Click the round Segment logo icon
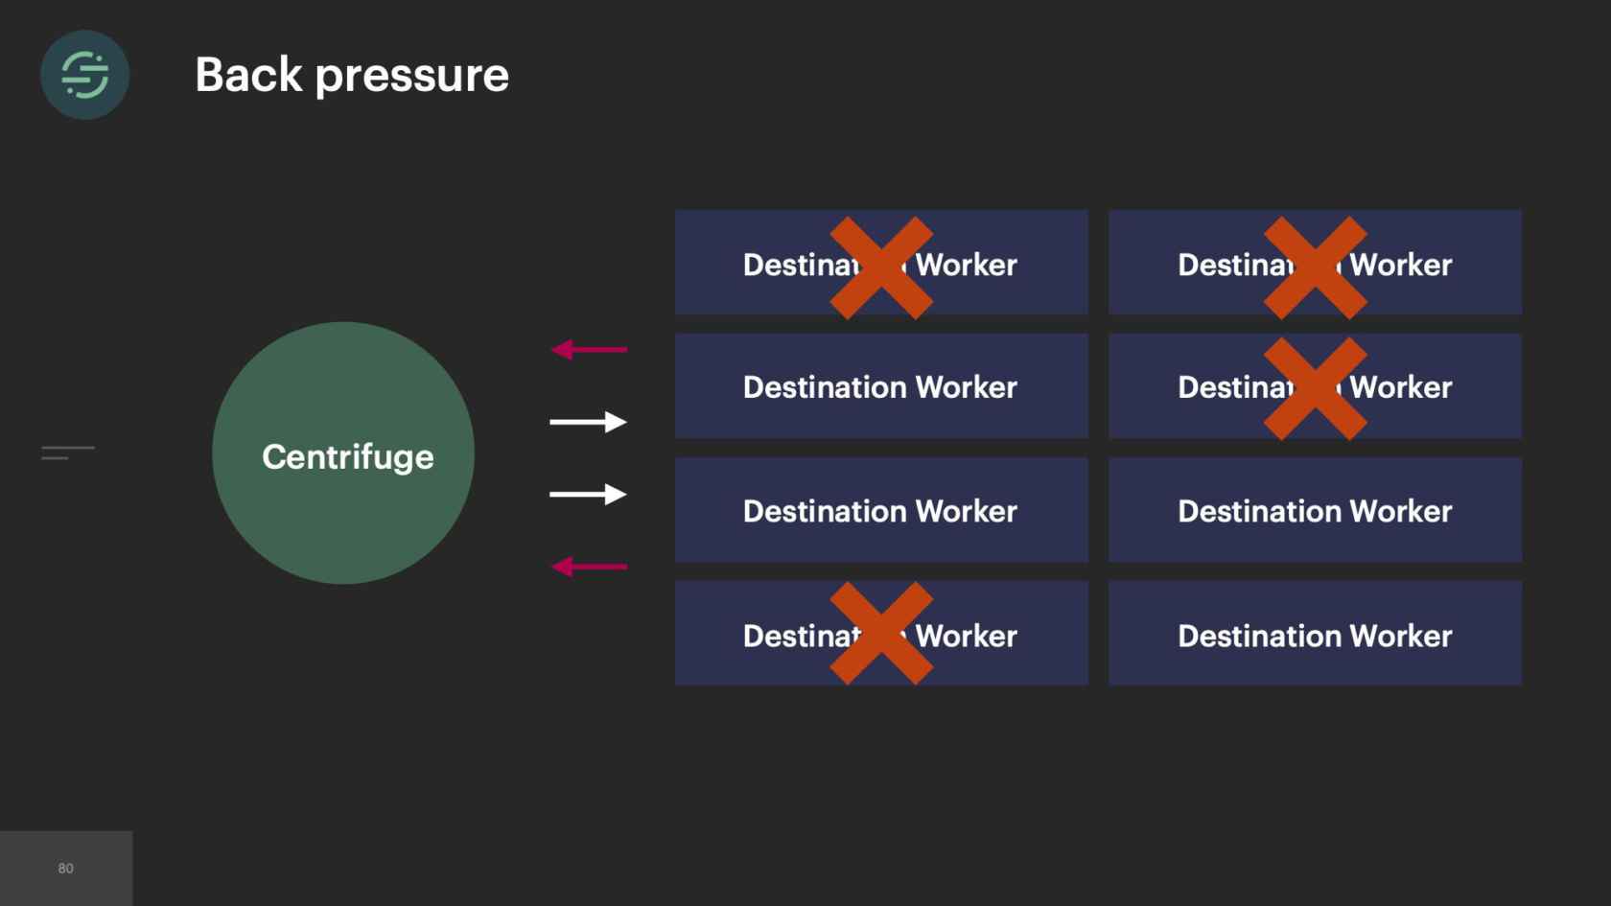click(x=84, y=75)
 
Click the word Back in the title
click(x=248, y=75)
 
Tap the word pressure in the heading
click(x=412, y=77)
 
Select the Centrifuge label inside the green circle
click(x=347, y=457)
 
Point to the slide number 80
click(x=65, y=869)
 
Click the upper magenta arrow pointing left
click(x=589, y=350)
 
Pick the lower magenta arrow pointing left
click(x=589, y=568)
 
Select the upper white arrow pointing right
click(x=588, y=422)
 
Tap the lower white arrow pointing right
click(x=588, y=495)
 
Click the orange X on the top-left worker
click(x=881, y=267)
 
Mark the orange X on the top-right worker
click(x=1315, y=267)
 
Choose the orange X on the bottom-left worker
click(x=881, y=633)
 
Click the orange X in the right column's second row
click(x=1315, y=388)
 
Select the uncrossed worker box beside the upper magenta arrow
click(x=881, y=386)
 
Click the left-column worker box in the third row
click(x=881, y=510)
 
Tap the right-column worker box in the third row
click(x=1315, y=510)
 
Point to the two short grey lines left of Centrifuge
click(x=67, y=453)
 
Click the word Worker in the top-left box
click(x=967, y=265)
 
